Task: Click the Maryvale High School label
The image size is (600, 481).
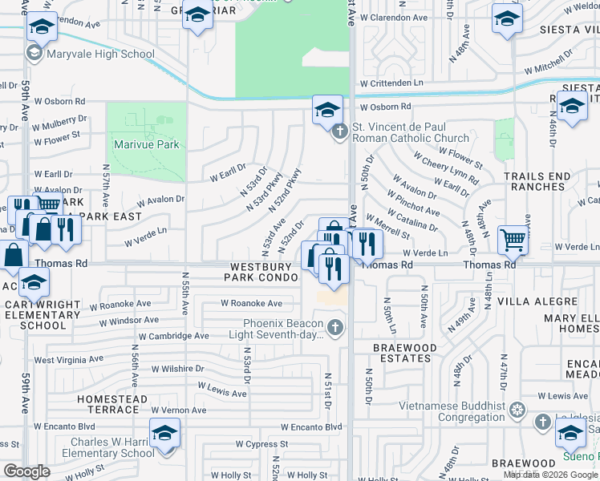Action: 100,55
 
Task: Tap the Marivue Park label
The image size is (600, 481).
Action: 147,145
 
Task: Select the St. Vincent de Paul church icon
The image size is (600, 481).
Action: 340,131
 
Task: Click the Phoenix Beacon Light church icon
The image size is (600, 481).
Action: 335,327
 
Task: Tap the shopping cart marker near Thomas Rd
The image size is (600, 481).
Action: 513,239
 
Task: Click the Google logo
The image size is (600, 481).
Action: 26,471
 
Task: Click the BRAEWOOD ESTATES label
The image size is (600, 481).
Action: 404,354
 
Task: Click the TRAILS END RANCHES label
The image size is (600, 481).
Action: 537,181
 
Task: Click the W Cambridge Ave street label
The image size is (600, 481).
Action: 173,337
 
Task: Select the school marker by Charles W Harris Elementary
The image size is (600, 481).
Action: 164,434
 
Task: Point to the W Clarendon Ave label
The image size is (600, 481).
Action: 393,17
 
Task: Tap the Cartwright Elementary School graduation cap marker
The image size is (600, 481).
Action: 34,282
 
